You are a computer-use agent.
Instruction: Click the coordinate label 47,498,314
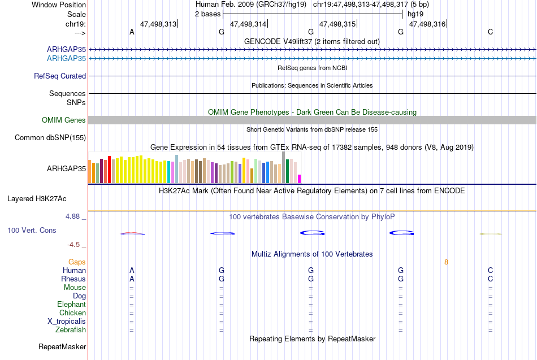click(x=248, y=24)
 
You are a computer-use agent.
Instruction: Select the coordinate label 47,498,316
click(x=427, y=24)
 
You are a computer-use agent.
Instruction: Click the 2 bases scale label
click(x=207, y=14)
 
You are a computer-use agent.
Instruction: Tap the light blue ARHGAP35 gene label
click(x=67, y=59)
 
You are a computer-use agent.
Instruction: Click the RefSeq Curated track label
click(x=60, y=76)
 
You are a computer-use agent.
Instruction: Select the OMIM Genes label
click(x=64, y=120)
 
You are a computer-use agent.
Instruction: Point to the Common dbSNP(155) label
click(x=50, y=138)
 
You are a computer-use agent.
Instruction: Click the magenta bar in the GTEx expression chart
click(x=300, y=179)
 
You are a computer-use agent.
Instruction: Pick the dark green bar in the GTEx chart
click(x=288, y=171)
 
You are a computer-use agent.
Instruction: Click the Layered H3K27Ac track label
click(x=37, y=199)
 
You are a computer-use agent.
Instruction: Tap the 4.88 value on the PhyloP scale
click(x=72, y=216)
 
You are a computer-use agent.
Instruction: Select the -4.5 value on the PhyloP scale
click(x=73, y=245)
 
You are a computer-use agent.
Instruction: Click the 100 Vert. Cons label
click(x=32, y=230)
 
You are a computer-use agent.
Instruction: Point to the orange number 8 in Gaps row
click(x=446, y=262)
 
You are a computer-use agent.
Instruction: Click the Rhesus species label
click(x=73, y=279)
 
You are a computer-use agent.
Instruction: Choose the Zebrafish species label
click(x=71, y=330)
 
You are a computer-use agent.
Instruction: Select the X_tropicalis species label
click(x=67, y=322)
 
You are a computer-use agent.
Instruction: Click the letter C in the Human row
click(x=491, y=271)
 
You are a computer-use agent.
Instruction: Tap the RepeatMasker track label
click(x=62, y=346)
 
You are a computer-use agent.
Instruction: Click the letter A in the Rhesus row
click(x=132, y=279)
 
